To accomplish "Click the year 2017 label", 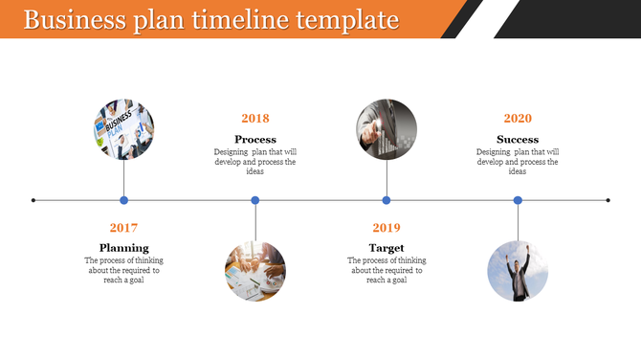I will click(123, 228).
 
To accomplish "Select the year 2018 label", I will click(255, 119).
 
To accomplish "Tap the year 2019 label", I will click(387, 228).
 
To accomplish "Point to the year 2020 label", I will click(518, 119).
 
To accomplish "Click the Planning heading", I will click(123, 248).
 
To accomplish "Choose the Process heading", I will click(255, 140).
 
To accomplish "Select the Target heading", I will click(387, 248).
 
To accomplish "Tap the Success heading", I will click(518, 140).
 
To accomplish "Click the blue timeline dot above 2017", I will click(123, 200).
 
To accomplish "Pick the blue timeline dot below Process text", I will click(255, 200).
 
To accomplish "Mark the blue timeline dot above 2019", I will click(387, 200).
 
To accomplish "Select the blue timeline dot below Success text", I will click(518, 200).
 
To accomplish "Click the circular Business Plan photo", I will click(123, 129).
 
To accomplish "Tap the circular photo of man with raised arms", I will click(518, 271).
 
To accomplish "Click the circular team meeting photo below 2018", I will click(255, 271).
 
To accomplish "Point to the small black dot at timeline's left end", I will click(33, 200).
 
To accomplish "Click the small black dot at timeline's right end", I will click(608, 200).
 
